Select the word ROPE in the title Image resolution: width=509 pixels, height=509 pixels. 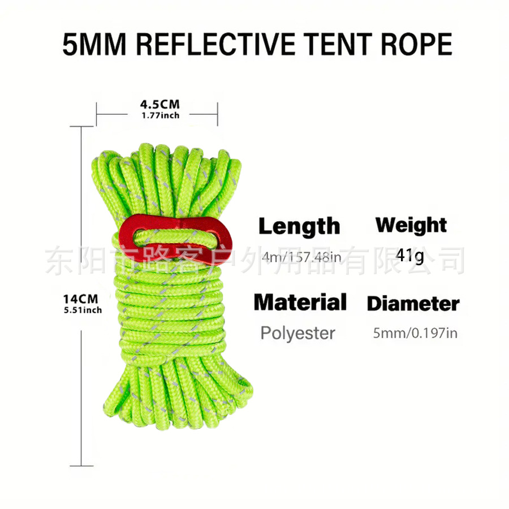pos(414,44)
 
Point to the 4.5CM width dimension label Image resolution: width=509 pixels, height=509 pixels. pos(159,104)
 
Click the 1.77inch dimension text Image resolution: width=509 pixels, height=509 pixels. pos(160,115)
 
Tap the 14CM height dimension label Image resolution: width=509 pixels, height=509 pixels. pos(81,298)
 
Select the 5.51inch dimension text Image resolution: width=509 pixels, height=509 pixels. pos(83,309)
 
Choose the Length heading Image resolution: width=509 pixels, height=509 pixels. pos(299,226)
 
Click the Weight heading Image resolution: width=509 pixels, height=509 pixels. pos(411,225)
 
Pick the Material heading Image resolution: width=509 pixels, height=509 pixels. pos(300,302)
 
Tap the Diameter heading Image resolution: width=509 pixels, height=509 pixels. pos(413,303)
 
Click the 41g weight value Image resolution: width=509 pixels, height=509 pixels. pos(410,256)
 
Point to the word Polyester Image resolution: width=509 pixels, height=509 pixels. pos(297,333)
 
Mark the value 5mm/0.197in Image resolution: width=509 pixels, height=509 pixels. pos(415,333)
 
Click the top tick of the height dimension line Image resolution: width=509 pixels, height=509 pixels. pos(83,127)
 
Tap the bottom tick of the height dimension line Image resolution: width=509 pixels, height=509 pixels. pos(83,465)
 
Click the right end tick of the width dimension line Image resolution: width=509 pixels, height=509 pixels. pos(218,113)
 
